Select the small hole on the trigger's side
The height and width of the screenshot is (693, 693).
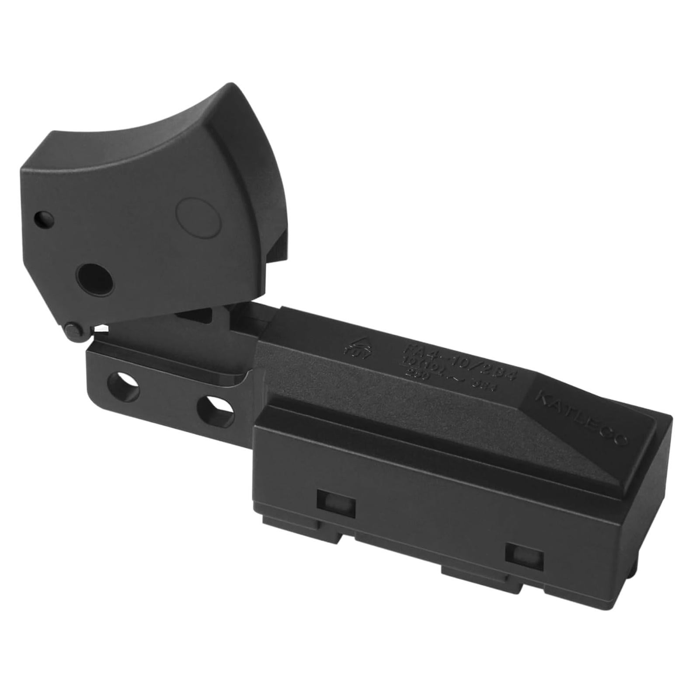click(x=45, y=218)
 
